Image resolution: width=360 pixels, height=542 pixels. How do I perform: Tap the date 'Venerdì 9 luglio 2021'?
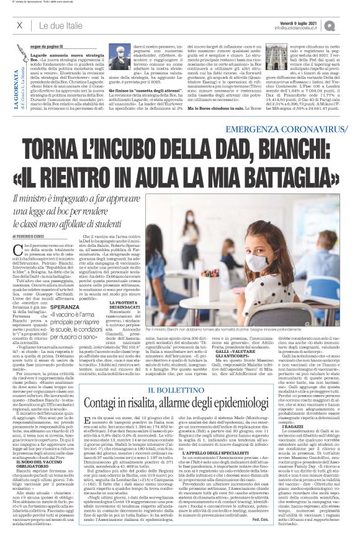point(303,21)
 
